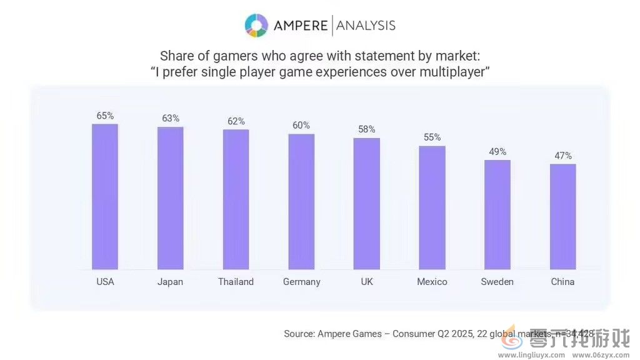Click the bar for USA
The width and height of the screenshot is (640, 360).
(x=105, y=197)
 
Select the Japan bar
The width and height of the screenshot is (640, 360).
(x=170, y=198)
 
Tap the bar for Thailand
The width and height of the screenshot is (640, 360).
(x=236, y=199)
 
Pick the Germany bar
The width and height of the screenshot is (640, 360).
(x=301, y=201)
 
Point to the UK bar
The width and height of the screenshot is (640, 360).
(x=367, y=204)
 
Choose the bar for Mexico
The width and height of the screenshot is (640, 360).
(x=432, y=207)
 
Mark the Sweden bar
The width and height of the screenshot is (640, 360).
(x=497, y=214)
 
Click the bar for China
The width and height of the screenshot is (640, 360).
(x=562, y=217)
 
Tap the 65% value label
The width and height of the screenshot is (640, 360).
(x=105, y=116)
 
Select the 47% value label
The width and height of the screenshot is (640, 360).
(x=562, y=156)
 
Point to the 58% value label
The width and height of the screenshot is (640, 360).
(x=367, y=129)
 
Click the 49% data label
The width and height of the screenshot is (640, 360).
(x=497, y=152)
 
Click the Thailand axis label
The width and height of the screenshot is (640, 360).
(x=236, y=282)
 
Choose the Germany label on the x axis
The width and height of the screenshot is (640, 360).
(x=301, y=282)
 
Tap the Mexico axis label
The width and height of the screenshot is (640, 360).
(x=432, y=282)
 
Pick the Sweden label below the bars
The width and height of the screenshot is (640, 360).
(x=497, y=282)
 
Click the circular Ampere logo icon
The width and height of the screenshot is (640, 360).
(x=256, y=26)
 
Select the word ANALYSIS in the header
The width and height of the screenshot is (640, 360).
(x=366, y=26)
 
